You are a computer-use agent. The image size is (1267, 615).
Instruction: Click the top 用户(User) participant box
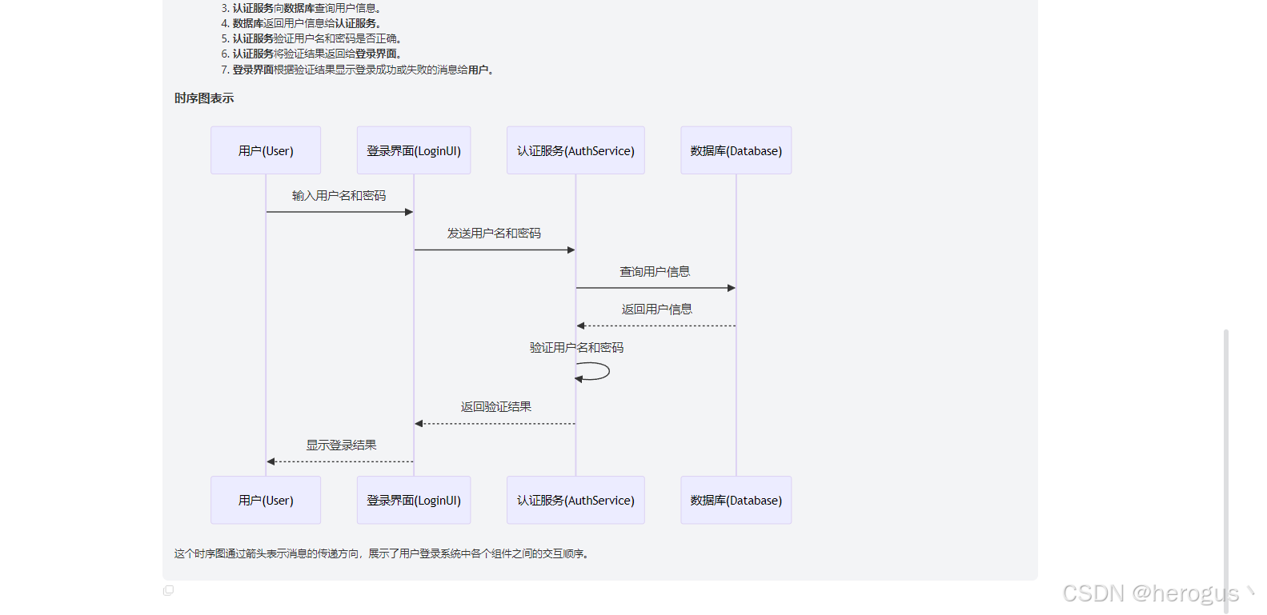(266, 150)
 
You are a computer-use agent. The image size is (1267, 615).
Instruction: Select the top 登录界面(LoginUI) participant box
(414, 150)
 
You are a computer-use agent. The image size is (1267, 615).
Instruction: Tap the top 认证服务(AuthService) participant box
(575, 150)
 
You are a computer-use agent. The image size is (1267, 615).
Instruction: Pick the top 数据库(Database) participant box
(736, 150)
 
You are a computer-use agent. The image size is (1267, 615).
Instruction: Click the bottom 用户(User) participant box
(266, 500)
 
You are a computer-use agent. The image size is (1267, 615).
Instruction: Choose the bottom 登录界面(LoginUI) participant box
(414, 500)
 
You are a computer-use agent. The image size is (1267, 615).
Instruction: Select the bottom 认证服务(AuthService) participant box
(575, 500)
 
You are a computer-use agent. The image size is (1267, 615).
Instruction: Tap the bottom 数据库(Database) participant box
(736, 500)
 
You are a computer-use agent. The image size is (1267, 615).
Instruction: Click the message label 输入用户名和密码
(339, 196)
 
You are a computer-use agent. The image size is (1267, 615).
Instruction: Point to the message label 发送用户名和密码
(494, 234)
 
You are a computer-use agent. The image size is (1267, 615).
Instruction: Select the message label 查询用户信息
(655, 272)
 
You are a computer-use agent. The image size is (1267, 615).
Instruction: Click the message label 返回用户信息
(656, 309)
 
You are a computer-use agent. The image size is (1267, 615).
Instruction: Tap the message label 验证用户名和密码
(576, 348)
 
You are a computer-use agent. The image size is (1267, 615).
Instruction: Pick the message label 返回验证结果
(495, 407)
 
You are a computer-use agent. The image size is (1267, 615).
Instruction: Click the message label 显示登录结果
(341, 445)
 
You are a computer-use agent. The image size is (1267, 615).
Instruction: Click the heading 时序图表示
(204, 98)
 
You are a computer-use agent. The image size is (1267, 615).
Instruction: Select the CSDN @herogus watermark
(1150, 593)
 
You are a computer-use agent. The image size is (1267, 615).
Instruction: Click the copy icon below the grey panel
(168, 590)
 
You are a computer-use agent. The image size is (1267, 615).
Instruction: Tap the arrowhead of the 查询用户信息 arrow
(731, 288)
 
